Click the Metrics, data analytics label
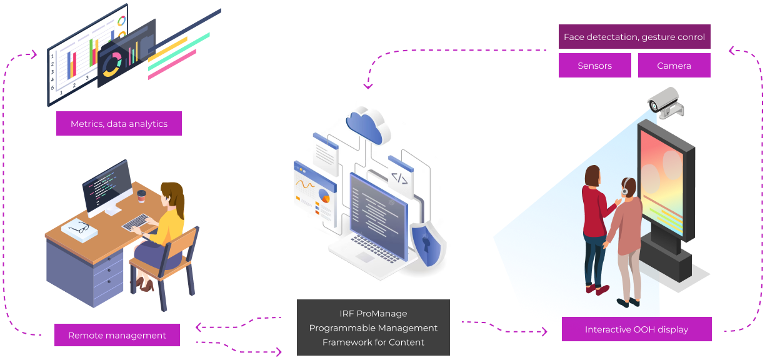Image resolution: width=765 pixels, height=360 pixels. point(119,124)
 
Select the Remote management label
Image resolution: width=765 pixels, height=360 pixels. point(117,335)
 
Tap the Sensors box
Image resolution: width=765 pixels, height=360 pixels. point(594,66)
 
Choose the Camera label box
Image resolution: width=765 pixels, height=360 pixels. point(674,66)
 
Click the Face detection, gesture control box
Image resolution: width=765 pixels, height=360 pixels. point(634,37)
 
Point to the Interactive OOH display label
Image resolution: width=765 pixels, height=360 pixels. point(636,329)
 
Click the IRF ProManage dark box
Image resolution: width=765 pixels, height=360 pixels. point(373,327)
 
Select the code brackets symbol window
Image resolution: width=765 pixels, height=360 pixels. point(400,179)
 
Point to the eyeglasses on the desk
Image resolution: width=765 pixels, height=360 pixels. point(79,228)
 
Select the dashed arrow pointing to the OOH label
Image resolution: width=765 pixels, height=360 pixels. point(520,329)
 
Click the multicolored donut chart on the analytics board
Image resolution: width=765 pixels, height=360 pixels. point(113,64)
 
